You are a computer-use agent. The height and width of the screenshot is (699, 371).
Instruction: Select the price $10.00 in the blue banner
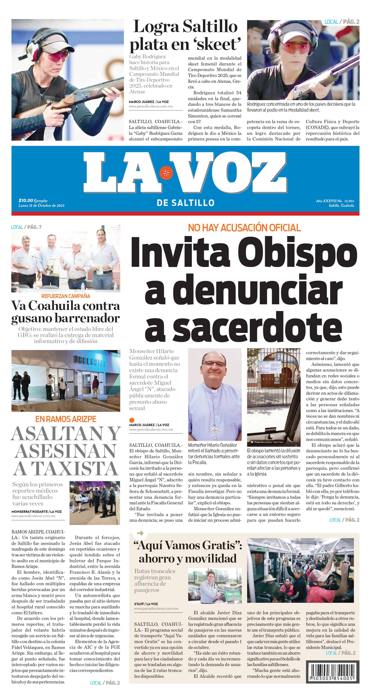26,200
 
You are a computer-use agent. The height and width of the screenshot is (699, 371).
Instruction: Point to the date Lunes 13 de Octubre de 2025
42,205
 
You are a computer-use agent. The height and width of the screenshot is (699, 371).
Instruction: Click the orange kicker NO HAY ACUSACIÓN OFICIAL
244,228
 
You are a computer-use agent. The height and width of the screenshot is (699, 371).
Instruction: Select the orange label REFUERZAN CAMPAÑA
66,296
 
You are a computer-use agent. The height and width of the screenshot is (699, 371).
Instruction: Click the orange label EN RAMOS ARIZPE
66,419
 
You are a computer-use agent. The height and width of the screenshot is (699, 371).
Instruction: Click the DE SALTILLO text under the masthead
185,203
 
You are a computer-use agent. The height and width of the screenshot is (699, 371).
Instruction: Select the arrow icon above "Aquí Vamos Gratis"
140,533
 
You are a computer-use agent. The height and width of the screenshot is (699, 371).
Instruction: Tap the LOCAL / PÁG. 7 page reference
26,227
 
